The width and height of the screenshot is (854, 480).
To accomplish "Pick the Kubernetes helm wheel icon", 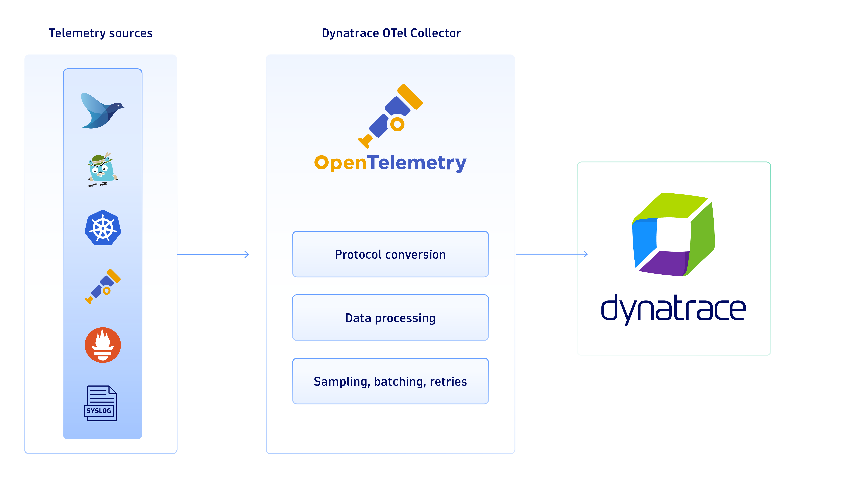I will [103, 228].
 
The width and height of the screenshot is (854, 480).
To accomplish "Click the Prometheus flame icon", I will [103, 345].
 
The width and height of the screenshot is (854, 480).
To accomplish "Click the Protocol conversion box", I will [390, 254].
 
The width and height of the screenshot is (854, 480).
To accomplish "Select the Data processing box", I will [390, 318].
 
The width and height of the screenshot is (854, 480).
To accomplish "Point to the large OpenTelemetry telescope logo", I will [391, 116].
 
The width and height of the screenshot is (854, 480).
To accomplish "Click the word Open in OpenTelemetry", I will [340, 163].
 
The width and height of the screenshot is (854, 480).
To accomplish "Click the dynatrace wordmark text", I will [673, 309].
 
